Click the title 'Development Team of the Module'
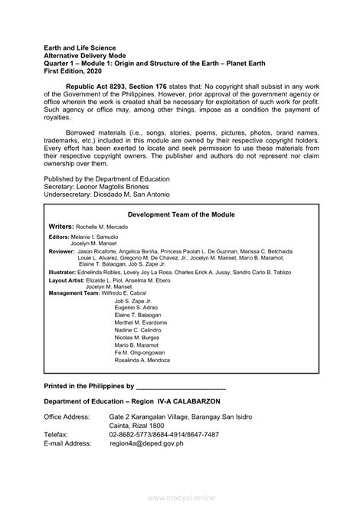pyautogui.click(x=181, y=215)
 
